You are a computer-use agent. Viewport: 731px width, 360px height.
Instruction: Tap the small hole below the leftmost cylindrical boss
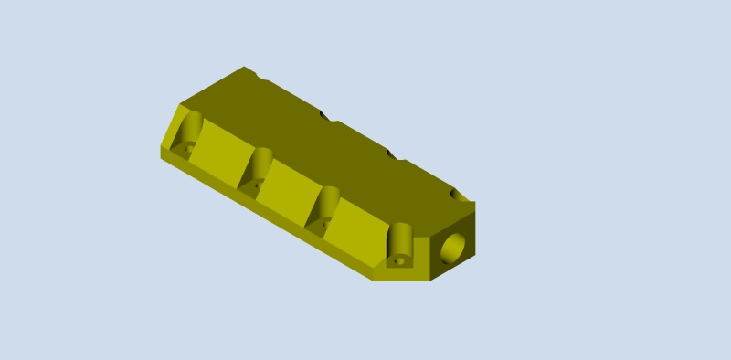pyautogui.click(x=187, y=146)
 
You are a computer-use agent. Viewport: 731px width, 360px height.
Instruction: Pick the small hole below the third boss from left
pyautogui.click(x=321, y=223)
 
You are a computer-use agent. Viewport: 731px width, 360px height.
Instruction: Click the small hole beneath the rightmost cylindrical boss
pyautogui.click(x=398, y=260)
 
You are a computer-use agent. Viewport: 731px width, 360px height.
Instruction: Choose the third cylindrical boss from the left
pyautogui.click(x=327, y=203)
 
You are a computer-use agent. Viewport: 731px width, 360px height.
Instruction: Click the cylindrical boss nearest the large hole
pyautogui.click(x=400, y=241)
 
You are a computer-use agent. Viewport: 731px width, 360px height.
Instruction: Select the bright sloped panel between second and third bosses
pyautogui.click(x=286, y=188)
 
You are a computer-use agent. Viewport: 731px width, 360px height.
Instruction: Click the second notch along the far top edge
pyautogui.click(x=327, y=116)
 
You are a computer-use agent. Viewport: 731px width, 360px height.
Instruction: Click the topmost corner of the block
pyautogui.click(x=244, y=68)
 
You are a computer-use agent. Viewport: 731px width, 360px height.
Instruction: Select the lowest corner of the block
pyautogui.click(x=375, y=279)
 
